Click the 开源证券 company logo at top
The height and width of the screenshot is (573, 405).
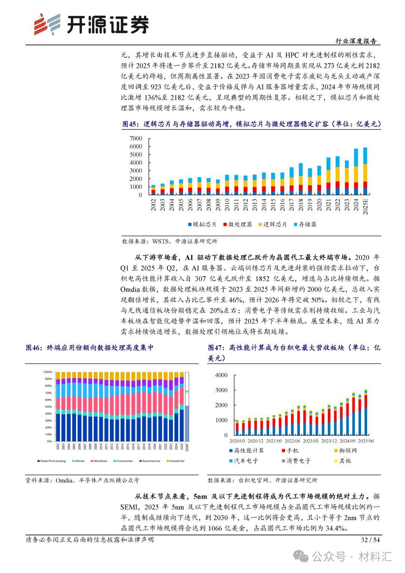click(91, 24)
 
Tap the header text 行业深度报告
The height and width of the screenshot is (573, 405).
click(355, 41)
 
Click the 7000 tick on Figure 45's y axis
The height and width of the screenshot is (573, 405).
click(136, 138)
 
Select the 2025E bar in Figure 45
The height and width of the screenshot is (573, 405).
click(365, 171)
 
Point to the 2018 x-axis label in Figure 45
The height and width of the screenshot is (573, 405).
click(301, 205)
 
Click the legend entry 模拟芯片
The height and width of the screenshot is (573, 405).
click(202, 224)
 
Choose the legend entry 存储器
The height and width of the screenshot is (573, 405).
click(305, 224)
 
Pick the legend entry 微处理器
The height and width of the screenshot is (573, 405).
click(238, 224)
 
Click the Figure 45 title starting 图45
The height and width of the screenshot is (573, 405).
click(251, 124)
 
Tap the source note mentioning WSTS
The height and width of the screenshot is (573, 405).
click(169, 241)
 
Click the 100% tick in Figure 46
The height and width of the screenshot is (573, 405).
click(48, 372)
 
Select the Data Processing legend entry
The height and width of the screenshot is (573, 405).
click(52, 461)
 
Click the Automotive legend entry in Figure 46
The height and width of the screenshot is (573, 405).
click(150, 461)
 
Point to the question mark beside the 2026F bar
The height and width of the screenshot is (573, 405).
click(187, 392)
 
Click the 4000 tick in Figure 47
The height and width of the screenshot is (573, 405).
click(221, 375)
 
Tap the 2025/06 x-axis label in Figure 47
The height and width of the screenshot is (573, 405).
click(366, 441)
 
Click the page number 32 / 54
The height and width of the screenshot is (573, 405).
click(370, 540)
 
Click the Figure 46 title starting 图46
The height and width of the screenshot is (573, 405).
click(90, 348)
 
